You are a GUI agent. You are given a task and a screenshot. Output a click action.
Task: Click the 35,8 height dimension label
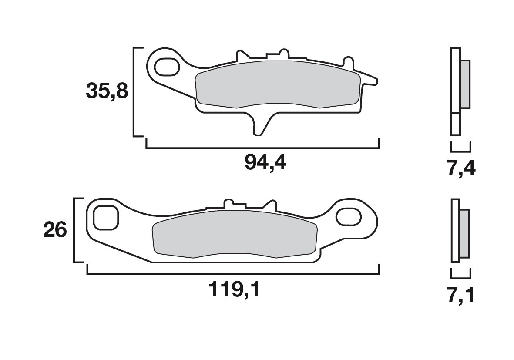(x=106, y=92)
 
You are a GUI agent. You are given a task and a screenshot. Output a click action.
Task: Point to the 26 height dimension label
(x=55, y=230)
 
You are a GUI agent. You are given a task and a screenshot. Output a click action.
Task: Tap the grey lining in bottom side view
(x=464, y=233)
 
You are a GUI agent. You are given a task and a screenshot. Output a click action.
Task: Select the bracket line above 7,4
(x=460, y=150)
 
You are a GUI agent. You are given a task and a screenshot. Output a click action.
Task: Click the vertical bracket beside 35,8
(x=134, y=92)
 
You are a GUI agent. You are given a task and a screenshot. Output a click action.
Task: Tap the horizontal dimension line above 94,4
(x=263, y=148)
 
